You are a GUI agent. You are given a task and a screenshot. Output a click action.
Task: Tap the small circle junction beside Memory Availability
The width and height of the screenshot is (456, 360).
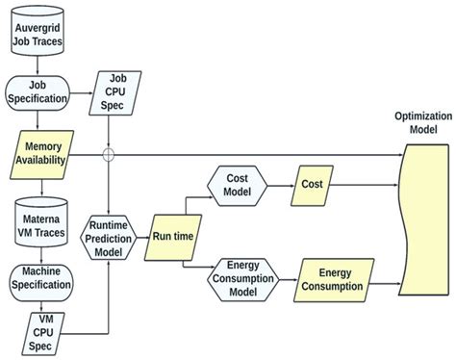(109, 154)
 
